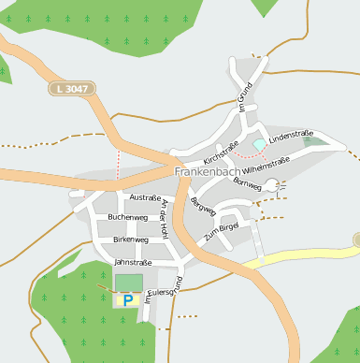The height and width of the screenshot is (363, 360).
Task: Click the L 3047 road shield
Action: click(x=71, y=88)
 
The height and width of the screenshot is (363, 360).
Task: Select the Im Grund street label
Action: click(x=245, y=97)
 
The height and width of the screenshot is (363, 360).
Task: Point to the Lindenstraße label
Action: click(x=290, y=136)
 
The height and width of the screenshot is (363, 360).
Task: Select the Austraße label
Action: click(x=145, y=197)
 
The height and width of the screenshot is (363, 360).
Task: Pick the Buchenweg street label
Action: click(x=127, y=217)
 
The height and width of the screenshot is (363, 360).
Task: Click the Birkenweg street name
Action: click(x=130, y=240)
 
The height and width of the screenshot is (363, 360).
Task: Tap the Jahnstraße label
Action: click(x=132, y=263)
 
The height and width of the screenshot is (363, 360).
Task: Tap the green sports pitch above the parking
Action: click(x=129, y=282)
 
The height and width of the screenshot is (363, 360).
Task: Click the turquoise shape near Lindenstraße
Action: click(x=259, y=145)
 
